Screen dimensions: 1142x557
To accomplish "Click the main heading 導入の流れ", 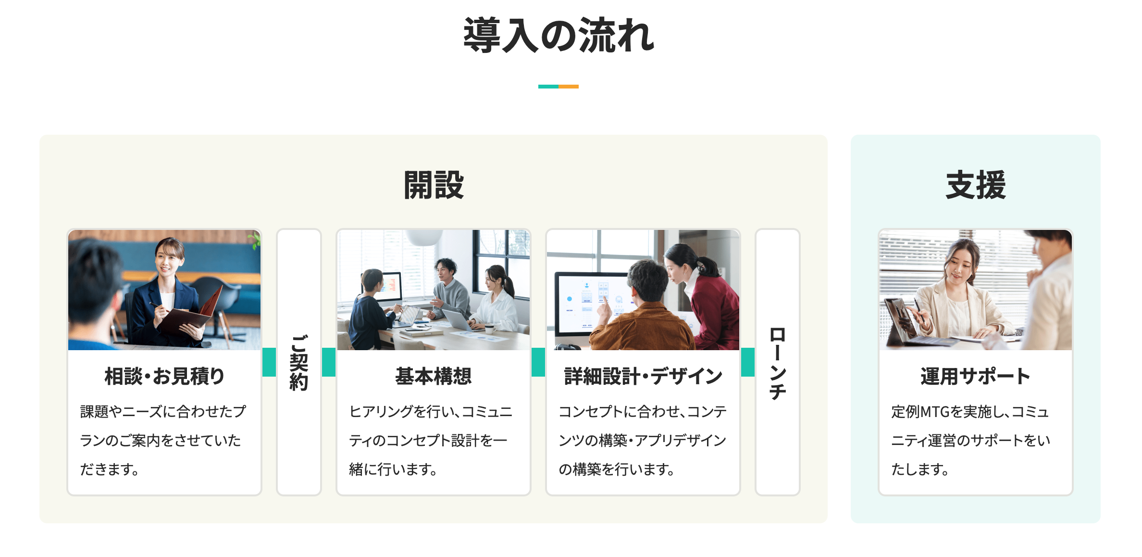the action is (559, 35).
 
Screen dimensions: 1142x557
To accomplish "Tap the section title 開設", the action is (434, 185).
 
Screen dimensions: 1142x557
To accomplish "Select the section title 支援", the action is (976, 185).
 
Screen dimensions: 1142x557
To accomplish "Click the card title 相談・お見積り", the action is (164, 376).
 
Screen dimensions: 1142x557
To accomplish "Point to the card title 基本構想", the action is (434, 376).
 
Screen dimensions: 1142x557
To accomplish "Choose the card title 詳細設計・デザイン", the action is (643, 376).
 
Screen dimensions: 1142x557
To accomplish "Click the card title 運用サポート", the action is (976, 376).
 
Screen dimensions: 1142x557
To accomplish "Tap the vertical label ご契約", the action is (299, 363).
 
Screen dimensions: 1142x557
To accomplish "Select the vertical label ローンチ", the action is (778, 363).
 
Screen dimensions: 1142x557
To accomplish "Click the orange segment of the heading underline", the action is (569, 87).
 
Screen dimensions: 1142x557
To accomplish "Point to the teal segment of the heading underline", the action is (548, 87).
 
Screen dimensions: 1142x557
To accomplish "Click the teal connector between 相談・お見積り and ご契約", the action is (269, 362).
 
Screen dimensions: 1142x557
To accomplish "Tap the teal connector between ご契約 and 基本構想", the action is (329, 362).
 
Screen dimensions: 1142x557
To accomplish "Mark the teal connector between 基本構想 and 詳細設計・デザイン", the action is (538, 362).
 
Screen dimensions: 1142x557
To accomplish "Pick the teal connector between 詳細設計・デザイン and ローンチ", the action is (748, 362).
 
